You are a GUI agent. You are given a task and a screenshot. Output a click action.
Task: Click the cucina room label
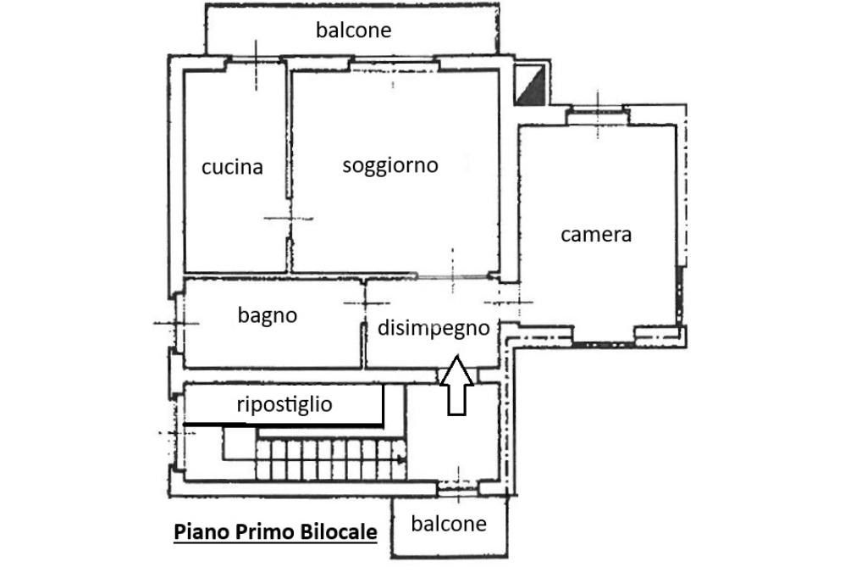(232, 167)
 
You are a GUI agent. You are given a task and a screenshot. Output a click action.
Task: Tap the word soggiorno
(390, 165)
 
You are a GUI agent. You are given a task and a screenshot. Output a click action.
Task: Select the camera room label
(596, 235)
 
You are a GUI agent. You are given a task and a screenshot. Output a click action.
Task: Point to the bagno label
(268, 315)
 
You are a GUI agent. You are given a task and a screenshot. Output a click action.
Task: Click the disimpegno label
(434, 328)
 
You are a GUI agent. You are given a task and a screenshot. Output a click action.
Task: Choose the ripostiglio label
(284, 404)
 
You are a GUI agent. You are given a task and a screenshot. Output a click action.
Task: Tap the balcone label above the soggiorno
(354, 30)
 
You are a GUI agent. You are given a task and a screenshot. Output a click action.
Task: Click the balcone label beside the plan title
(449, 523)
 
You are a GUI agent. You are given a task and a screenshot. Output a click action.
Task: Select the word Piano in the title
(202, 531)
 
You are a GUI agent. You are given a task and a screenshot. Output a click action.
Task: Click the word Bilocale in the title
(339, 531)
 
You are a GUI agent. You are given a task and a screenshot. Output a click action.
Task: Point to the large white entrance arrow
(456, 386)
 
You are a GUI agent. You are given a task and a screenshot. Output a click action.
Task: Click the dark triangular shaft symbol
(530, 84)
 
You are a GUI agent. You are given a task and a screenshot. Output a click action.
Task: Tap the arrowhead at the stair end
(402, 459)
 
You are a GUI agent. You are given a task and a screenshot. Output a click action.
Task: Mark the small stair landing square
(240, 443)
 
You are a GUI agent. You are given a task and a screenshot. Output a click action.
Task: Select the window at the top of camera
(598, 115)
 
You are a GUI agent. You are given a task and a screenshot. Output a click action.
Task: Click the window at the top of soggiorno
(394, 66)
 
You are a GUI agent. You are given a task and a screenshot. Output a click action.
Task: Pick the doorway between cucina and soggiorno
(288, 219)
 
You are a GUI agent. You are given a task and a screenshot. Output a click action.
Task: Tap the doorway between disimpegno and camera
(509, 303)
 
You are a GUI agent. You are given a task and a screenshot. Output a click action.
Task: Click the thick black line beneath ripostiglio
(283, 425)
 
